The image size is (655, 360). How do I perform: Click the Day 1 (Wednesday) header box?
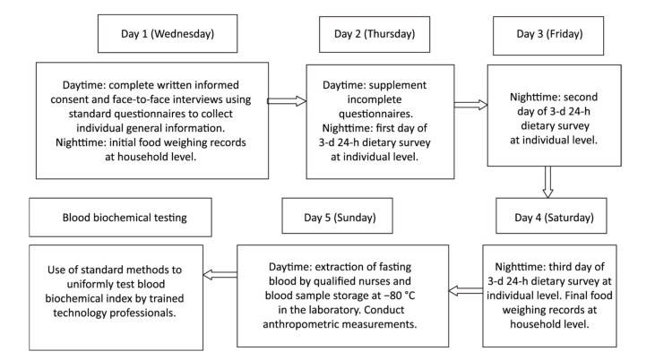168,34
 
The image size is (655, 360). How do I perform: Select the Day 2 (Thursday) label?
375,34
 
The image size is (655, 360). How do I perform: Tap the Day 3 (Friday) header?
548,36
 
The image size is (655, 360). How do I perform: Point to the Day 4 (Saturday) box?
551,216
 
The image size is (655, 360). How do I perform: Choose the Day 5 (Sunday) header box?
337,216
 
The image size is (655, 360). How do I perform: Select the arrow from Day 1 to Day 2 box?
287,100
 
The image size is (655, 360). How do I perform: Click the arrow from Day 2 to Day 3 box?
470,105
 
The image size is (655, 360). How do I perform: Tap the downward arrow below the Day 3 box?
547,182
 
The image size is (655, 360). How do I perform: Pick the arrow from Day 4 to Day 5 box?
466,290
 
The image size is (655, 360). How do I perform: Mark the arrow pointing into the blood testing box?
220,275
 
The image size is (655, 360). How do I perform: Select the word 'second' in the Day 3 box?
581,97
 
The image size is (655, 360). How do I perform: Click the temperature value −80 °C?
400,296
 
